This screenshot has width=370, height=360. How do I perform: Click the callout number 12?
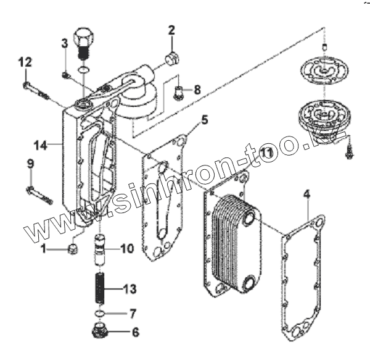pos(25,62)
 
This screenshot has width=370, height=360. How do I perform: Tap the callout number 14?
pos(40,145)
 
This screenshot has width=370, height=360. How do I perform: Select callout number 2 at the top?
pos(171,30)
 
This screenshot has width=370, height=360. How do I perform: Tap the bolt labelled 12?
pos(36,90)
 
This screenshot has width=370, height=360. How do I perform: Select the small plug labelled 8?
pos(178,93)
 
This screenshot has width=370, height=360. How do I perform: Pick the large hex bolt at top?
pos(83,38)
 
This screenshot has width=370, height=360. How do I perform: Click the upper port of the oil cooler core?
pos(248,219)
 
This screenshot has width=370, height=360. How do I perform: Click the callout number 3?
pos(64,43)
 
